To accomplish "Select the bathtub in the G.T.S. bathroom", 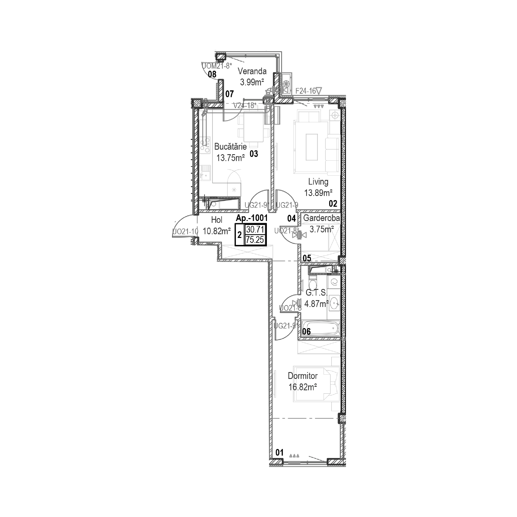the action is [x=321, y=328].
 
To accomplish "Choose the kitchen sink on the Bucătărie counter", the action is [x=205, y=173].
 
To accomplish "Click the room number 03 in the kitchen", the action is [x=254, y=154].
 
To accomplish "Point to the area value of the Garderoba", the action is [x=321, y=229].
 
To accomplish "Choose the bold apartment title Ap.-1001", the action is [x=252, y=218].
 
